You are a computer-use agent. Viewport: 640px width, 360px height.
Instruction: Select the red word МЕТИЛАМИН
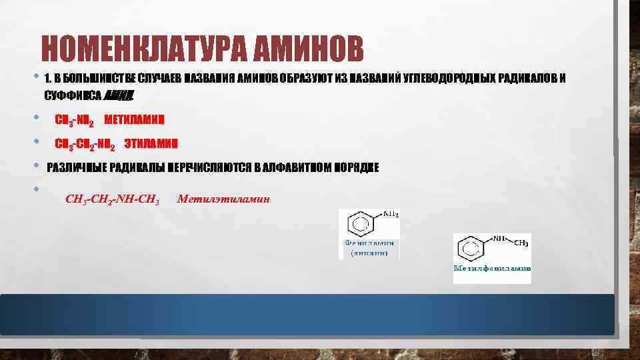(x=135, y=121)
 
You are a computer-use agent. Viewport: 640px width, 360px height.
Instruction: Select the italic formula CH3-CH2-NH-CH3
(x=112, y=199)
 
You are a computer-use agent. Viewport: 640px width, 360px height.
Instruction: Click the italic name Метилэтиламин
(x=223, y=199)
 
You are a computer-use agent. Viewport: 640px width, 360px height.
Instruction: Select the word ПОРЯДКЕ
(x=357, y=168)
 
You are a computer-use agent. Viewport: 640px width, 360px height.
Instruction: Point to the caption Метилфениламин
(x=492, y=268)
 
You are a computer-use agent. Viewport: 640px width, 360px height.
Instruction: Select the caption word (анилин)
(x=370, y=253)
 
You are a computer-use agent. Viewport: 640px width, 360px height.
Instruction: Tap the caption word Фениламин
(x=370, y=243)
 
